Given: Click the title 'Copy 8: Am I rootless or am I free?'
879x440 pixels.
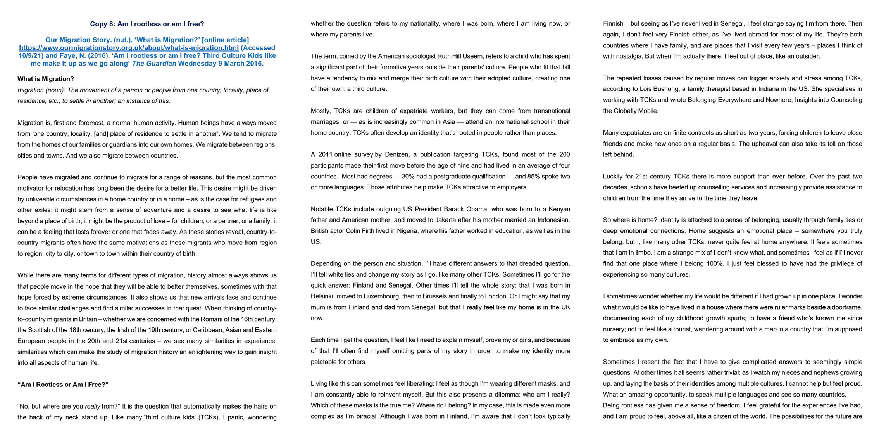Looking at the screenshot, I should (147, 24).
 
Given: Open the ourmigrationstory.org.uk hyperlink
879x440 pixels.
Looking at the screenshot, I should (129, 48).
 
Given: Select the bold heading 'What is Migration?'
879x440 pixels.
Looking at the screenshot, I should (46, 79).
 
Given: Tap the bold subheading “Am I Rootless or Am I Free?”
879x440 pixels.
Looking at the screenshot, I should (63, 385).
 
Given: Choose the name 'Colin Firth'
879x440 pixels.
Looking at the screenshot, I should (361, 231).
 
